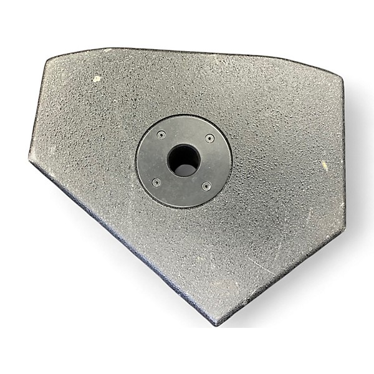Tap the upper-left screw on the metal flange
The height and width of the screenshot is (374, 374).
tap(161, 133)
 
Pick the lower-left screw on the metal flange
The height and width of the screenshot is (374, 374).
tap(156, 181)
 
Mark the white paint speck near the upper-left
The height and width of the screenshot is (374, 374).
tap(97, 79)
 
